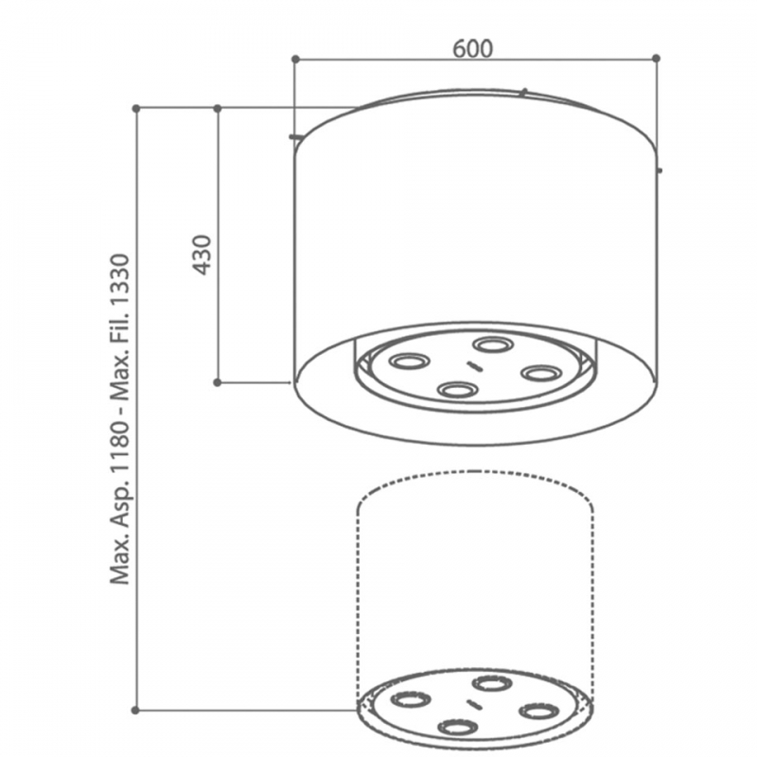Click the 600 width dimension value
click(x=473, y=49)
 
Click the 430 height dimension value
click(x=202, y=255)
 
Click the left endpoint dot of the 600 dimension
click(x=296, y=59)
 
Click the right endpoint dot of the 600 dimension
click(x=656, y=58)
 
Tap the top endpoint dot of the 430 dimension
click(x=218, y=108)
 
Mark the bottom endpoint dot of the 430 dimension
click(x=218, y=382)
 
